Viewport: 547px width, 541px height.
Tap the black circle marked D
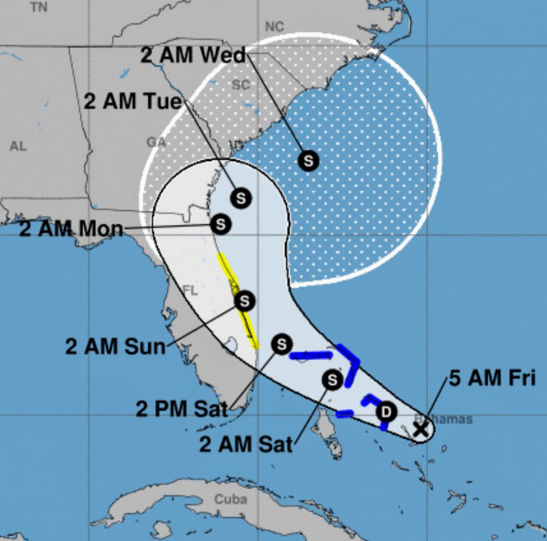[x=386, y=412]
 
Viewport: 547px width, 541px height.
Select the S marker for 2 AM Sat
[x=332, y=380]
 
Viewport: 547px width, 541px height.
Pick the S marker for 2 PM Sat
[x=282, y=344]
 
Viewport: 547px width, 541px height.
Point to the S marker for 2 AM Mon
[x=220, y=224]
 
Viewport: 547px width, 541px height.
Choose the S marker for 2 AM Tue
[x=241, y=198]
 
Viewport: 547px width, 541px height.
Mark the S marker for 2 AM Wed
[x=308, y=160]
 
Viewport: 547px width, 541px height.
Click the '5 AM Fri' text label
[x=491, y=378]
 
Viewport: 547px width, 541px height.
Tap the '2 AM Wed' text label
[x=193, y=55]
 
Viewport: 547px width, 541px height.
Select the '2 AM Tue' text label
[x=133, y=101]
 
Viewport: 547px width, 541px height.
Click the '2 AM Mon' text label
[x=71, y=229]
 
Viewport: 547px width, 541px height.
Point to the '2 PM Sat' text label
[x=182, y=409]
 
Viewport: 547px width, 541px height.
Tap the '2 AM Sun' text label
[x=115, y=346]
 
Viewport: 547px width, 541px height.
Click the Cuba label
[x=231, y=499]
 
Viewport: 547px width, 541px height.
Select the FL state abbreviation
[x=191, y=290]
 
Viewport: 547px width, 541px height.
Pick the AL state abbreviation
[x=18, y=146]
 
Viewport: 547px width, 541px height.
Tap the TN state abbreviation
[x=38, y=7]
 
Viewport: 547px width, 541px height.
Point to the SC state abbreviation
[x=241, y=84]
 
